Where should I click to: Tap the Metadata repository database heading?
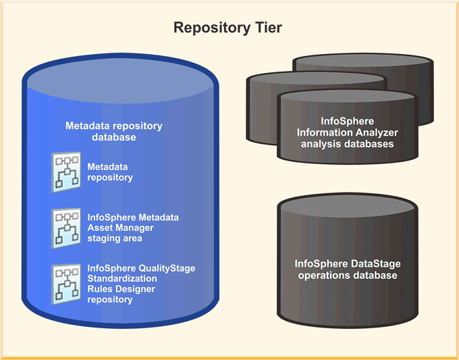pyautogui.click(x=113, y=131)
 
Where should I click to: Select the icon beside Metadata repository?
pyautogui.click(x=67, y=172)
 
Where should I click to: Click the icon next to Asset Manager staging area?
pyautogui.click(x=67, y=228)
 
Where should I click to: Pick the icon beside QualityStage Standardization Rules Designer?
pyautogui.click(x=67, y=283)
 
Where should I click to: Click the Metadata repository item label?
pyautogui.click(x=110, y=172)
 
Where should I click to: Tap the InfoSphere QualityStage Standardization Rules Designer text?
pyautogui.click(x=141, y=284)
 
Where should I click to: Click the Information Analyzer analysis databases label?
pyautogui.click(x=345, y=132)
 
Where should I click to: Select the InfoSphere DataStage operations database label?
pyautogui.click(x=346, y=269)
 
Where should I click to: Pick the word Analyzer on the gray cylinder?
pyautogui.click(x=374, y=132)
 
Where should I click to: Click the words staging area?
pyautogui.click(x=115, y=238)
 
